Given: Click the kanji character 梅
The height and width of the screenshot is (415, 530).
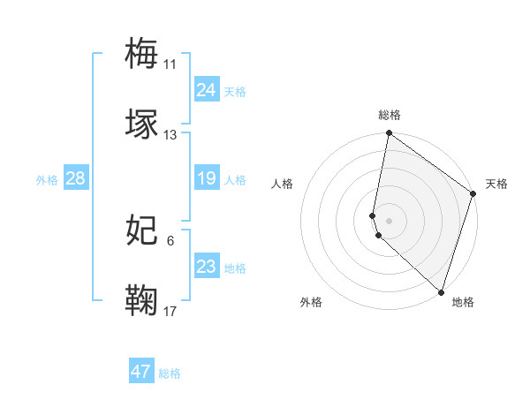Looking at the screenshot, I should pyautogui.click(x=143, y=52).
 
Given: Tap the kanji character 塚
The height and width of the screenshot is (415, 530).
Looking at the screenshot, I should pyautogui.click(x=143, y=124).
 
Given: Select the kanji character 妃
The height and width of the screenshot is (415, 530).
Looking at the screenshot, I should pyautogui.click(x=143, y=230).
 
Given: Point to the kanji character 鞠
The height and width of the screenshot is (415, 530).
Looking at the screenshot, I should pyautogui.click(x=143, y=301).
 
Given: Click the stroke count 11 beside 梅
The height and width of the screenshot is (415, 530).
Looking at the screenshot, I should pyautogui.click(x=170, y=64).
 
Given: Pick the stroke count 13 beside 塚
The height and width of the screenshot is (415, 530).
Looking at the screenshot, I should pyautogui.click(x=170, y=135).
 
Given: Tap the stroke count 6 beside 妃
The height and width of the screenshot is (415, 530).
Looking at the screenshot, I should pyautogui.click(x=170, y=241).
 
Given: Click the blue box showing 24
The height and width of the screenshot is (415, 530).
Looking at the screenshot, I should pyautogui.click(x=207, y=90).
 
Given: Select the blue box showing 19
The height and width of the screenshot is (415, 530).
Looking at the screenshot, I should pyautogui.click(x=207, y=179).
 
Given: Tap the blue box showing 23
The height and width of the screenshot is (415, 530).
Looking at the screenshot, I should pyautogui.click(x=207, y=267).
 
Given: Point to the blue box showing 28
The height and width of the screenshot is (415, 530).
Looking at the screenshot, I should pyautogui.click(x=76, y=179).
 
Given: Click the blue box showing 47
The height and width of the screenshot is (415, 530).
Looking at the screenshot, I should pyautogui.click(x=141, y=372).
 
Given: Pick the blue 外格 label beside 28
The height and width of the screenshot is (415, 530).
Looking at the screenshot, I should pyautogui.click(x=47, y=180).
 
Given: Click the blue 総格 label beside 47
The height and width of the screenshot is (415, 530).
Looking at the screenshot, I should pyautogui.click(x=170, y=373).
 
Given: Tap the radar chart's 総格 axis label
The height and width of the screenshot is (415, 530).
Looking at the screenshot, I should pyautogui.click(x=390, y=115).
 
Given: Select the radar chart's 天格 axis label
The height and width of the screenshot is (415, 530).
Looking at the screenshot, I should pyautogui.click(x=496, y=184).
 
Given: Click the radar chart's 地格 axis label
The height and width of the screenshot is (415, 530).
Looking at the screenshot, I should pyautogui.click(x=463, y=302).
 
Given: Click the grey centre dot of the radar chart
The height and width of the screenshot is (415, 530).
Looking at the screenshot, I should pyautogui.click(x=390, y=220).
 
